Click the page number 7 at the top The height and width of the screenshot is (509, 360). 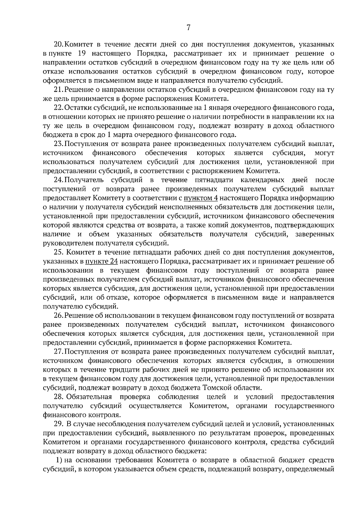pyautogui.click(x=188, y=28)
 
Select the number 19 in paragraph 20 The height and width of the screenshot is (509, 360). pyautogui.click(x=82, y=54)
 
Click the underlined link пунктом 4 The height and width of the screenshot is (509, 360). pyautogui.click(x=200, y=198)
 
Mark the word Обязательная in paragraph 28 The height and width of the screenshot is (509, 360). pyautogui.click(x=89, y=397)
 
